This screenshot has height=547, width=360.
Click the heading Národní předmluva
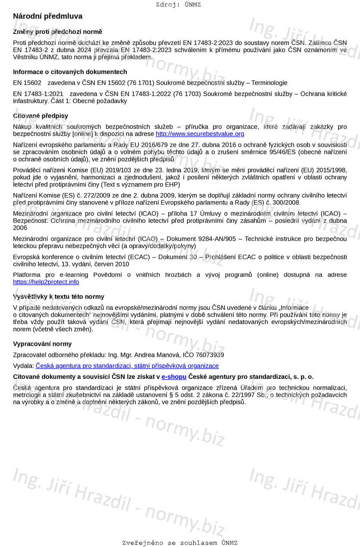(x=47, y=16)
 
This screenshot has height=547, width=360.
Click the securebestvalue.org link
(x=200, y=134)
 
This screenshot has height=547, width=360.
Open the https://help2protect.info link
(x=46, y=282)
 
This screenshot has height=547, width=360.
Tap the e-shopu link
(x=174, y=377)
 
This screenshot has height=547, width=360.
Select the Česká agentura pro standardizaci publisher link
(x=127, y=366)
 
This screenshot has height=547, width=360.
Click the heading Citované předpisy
(x=41, y=116)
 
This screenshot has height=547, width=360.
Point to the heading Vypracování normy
(x=42, y=344)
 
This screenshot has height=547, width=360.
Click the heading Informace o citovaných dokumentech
(x=70, y=72)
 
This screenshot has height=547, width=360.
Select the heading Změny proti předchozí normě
(x=58, y=32)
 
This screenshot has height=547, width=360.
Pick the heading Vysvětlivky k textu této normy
(x=59, y=297)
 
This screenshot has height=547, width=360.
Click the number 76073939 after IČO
(x=210, y=355)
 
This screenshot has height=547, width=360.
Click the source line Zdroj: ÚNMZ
(x=178, y=5)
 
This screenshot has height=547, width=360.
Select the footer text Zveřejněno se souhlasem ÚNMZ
(x=180, y=543)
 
